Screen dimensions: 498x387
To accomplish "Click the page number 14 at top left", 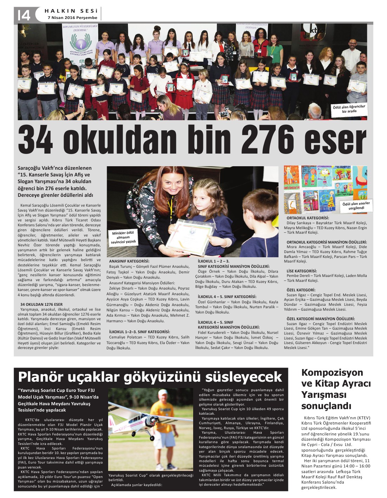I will coord(24,15).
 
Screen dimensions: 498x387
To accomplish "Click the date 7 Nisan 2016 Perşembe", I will coord(72,18).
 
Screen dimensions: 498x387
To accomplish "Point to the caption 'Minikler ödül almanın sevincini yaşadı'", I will coord(123,238).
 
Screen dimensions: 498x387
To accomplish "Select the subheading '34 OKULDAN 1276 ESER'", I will coord(41,304).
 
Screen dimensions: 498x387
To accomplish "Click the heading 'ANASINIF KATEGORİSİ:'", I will coord(129,261).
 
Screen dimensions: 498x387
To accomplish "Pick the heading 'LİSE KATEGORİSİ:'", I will coord(302,271).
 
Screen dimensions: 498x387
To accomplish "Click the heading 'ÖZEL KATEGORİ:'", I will coord(301,290).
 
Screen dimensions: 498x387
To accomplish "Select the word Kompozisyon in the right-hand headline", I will coord(332,373).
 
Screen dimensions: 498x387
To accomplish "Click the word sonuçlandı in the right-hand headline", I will coord(326,406).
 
